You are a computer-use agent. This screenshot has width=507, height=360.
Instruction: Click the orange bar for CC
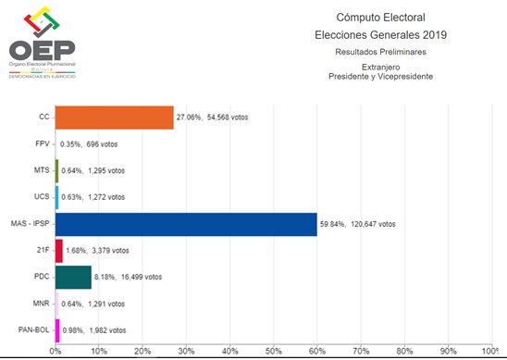(x=115, y=118)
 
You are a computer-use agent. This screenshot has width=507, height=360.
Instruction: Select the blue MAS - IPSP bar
(x=186, y=223)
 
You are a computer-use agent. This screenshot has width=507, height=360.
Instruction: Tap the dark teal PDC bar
(x=73, y=277)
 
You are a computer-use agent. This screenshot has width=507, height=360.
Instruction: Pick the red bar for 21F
(x=59, y=250)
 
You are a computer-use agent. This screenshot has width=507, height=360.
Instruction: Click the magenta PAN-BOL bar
(x=57, y=329)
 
